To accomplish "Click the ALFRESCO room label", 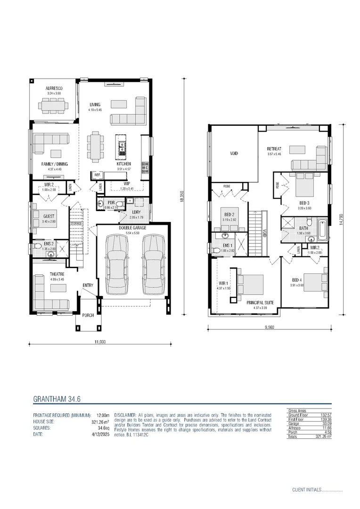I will [54, 89].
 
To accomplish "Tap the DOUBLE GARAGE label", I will [132, 227].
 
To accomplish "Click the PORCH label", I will [88, 315].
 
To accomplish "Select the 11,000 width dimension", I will [99, 342].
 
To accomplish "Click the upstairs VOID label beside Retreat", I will [234, 154].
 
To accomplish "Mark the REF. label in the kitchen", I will [98, 175].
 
